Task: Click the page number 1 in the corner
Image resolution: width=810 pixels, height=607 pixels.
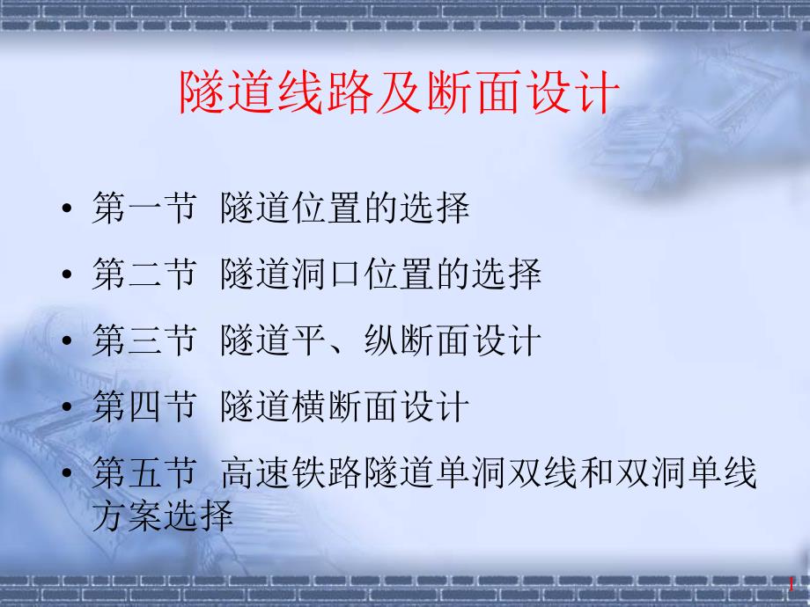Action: coord(792,584)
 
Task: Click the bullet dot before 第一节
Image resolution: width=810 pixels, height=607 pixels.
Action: coord(69,211)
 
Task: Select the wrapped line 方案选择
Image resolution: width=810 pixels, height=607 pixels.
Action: coord(163,515)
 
